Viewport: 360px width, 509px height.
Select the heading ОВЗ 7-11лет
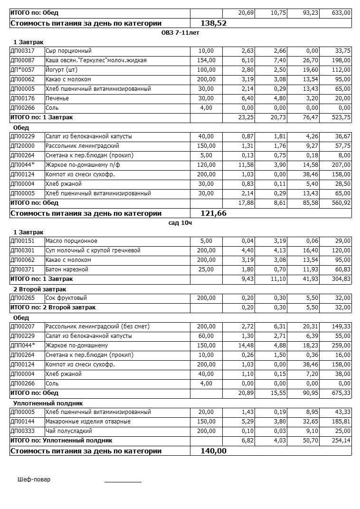180,32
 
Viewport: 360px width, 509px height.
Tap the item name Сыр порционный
68,51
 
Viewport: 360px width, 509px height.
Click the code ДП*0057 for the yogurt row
22,70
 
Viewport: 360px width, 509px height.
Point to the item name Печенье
57,98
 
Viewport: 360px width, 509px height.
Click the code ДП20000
22,146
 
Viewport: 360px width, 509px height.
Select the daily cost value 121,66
214,213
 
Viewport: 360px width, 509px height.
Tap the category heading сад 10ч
180,222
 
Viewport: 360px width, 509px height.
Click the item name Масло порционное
71,241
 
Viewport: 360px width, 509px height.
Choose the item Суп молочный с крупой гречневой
93,250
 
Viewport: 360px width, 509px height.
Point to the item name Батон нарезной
67,269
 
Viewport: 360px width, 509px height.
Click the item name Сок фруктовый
66,298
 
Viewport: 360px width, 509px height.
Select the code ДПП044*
23,346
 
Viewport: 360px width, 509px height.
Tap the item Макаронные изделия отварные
88,422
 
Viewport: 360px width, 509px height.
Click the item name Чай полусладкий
68,431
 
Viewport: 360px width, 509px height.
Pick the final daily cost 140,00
214,451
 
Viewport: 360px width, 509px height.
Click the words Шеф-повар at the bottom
34,480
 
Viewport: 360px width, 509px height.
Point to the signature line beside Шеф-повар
123,481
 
